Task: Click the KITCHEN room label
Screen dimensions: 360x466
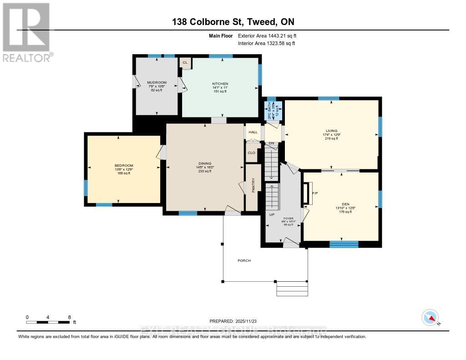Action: coord(220,84)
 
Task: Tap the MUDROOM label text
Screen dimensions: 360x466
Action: coord(157,82)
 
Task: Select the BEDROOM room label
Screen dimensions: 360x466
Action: coord(124,165)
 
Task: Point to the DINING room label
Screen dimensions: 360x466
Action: coord(205,163)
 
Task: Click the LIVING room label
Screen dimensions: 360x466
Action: coord(331,131)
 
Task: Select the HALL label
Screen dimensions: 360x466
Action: coord(253,132)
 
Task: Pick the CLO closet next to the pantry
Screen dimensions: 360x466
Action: coord(252,153)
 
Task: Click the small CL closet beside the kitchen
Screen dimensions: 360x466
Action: coord(185,63)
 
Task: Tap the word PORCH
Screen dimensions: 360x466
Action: coord(244,260)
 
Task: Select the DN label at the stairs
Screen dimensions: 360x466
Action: coord(271,143)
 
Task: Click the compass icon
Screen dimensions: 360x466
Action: coord(430,317)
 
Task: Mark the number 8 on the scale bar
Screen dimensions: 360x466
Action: coord(69,317)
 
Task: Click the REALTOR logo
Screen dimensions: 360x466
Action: coord(26,32)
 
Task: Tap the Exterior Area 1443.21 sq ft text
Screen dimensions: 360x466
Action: coord(268,35)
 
